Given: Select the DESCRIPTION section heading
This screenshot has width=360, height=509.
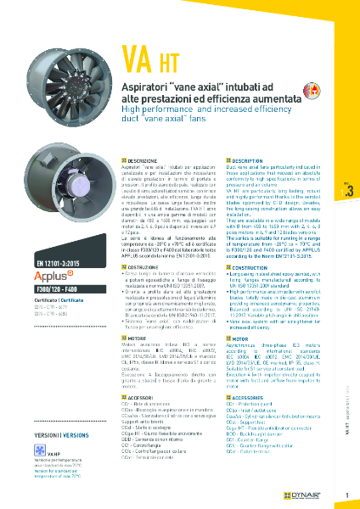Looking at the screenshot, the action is [x=254, y=160].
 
